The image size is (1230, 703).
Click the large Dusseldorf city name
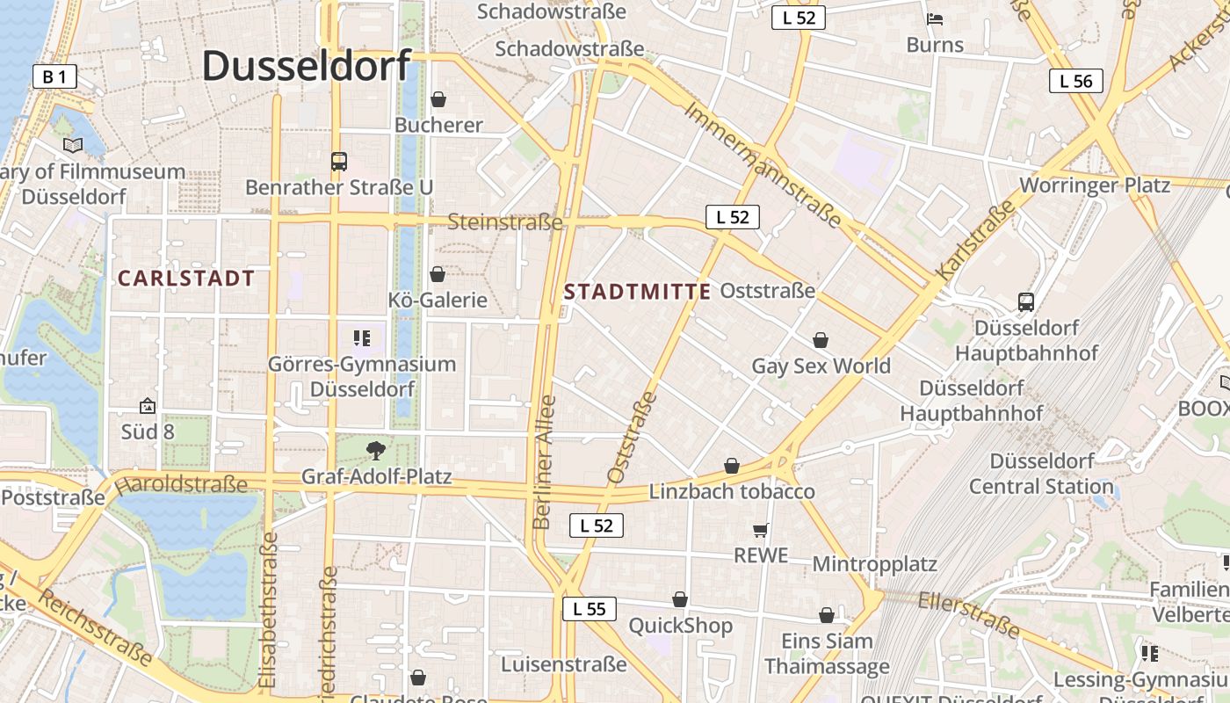click(x=307, y=66)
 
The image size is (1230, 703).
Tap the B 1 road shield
click(x=54, y=76)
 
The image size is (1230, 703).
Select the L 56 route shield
click(x=1075, y=81)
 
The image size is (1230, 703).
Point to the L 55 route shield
click(x=590, y=609)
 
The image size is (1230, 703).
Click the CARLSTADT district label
click(x=186, y=279)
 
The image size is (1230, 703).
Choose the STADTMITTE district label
click(x=637, y=292)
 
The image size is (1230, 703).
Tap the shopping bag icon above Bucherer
click(x=438, y=99)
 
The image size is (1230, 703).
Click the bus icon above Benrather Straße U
click(x=339, y=161)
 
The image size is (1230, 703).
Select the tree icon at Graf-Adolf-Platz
click(x=376, y=451)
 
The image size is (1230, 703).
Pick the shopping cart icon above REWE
click(x=761, y=530)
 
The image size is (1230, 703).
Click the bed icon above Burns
click(x=935, y=18)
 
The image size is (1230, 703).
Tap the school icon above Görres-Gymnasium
click(x=362, y=337)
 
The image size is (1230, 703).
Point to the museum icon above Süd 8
click(x=148, y=406)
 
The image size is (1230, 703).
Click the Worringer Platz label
click(x=1094, y=185)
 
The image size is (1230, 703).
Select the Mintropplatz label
click(x=874, y=563)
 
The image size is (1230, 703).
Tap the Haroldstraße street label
click(x=181, y=484)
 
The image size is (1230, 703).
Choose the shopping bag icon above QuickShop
click(x=680, y=600)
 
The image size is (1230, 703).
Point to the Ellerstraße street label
click(x=969, y=613)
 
